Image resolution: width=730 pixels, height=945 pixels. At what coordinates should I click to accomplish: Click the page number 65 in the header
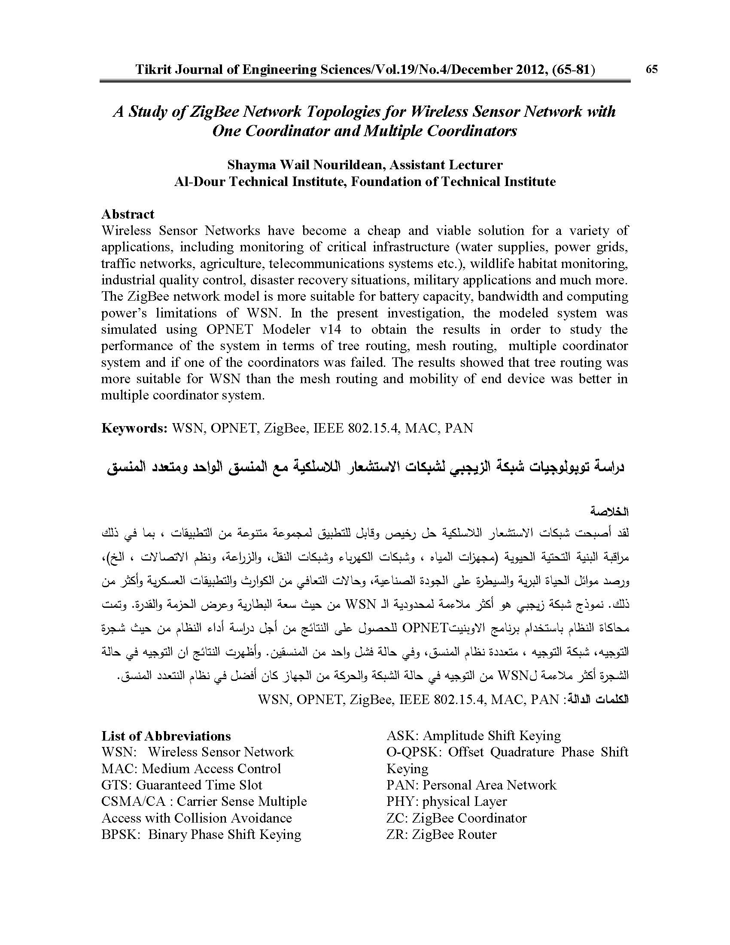click(651, 69)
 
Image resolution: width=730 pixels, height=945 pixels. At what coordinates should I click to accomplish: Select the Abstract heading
click(128, 214)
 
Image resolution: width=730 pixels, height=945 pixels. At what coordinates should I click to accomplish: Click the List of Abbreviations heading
click(166, 736)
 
